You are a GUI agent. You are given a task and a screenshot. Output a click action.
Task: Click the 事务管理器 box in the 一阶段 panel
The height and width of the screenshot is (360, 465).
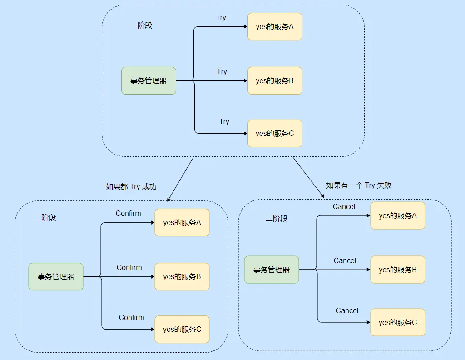pyautogui.click(x=148, y=81)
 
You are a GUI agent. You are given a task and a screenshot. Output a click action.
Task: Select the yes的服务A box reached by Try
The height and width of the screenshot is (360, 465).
pyautogui.click(x=275, y=27)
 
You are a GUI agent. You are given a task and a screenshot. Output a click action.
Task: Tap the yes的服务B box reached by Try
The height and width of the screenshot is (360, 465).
pyautogui.click(x=275, y=81)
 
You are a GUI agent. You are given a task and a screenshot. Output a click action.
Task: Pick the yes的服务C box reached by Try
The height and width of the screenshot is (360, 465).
pyautogui.click(x=275, y=134)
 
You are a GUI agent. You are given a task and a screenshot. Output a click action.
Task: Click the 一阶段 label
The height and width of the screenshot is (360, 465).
pyautogui.click(x=141, y=25)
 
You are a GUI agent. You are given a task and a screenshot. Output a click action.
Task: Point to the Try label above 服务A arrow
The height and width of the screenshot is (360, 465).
pyautogui.click(x=221, y=18)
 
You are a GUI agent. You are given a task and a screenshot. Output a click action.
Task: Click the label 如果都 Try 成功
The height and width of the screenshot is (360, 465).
pyautogui.click(x=131, y=186)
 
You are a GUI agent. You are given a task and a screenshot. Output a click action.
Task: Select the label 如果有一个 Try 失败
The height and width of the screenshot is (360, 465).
pyautogui.click(x=359, y=185)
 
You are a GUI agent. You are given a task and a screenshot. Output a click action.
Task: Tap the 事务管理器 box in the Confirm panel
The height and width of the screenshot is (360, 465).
pyautogui.click(x=56, y=276)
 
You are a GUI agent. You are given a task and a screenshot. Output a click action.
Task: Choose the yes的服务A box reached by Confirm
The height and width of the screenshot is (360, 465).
pyautogui.click(x=182, y=223)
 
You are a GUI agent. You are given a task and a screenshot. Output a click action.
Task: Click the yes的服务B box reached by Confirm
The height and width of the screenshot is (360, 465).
pyautogui.click(x=182, y=276)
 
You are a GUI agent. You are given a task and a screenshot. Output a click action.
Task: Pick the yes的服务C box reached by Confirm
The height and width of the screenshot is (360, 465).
pyautogui.click(x=182, y=330)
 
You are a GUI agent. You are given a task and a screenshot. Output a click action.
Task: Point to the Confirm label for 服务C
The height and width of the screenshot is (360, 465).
pyautogui.click(x=132, y=317)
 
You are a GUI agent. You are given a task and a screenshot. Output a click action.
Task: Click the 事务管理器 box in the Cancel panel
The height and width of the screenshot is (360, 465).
pyautogui.click(x=272, y=270)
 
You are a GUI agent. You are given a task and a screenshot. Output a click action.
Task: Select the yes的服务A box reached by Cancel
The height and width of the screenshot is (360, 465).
pyautogui.click(x=398, y=216)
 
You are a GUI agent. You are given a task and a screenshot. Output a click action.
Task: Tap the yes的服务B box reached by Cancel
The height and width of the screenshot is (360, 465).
pyautogui.click(x=398, y=270)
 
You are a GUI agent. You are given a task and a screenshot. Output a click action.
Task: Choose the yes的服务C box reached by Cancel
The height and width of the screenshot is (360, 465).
pyautogui.click(x=398, y=322)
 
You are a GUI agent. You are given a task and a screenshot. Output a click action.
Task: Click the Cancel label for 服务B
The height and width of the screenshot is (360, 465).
pyautogui.click(x=345, y=260)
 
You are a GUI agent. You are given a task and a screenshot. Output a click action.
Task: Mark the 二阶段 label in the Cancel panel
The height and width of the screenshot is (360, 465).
pyautogui.click(x=277, y=218)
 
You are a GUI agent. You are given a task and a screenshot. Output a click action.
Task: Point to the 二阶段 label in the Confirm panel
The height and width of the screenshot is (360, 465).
pyautogui.click(x=45, y=218)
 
